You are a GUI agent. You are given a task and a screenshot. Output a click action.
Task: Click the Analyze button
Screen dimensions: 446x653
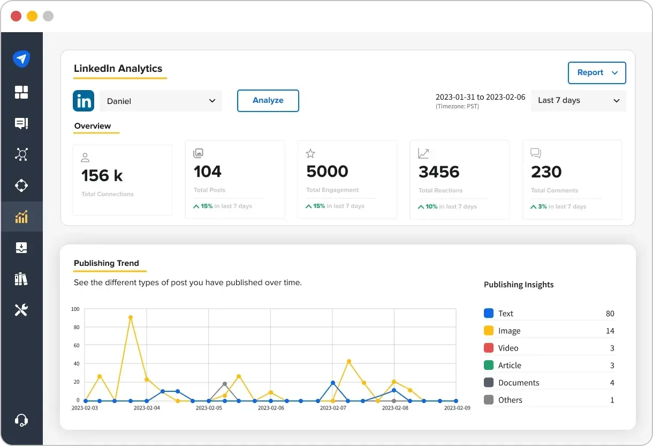point(268,101)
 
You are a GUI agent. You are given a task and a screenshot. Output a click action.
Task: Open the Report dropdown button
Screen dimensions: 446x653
point(597,73)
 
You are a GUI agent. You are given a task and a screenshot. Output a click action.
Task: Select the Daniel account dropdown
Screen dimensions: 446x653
point(161,101)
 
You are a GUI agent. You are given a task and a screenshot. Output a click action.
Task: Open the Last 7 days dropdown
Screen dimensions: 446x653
point(578,101)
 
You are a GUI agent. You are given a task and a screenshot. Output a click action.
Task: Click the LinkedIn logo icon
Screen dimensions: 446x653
point(83,101)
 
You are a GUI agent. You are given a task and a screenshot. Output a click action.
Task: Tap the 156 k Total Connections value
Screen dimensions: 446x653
point(102,176)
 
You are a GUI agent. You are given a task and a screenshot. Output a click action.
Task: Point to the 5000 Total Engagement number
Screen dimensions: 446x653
point(327,172)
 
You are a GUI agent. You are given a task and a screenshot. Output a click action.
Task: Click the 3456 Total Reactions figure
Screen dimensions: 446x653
point(439,172)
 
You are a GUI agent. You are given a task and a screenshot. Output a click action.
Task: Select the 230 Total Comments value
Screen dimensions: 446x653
point(546,172)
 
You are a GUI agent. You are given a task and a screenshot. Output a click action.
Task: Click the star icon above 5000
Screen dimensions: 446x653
point(310,154)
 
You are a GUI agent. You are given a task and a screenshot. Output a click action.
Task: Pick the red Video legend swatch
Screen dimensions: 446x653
point(488,348)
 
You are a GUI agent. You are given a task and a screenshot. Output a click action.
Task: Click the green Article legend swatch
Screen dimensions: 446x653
point(488,365)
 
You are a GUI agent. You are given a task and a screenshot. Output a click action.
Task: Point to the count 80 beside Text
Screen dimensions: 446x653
point(610,314)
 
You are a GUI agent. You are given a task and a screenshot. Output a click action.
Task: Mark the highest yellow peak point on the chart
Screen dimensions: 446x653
point(131,317)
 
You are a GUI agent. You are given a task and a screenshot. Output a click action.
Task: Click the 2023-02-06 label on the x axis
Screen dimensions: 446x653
point(270,408)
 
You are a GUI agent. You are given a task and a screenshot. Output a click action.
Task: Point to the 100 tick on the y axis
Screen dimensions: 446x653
point(75,309)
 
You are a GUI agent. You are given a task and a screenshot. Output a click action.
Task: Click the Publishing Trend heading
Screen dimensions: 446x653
point(107,263)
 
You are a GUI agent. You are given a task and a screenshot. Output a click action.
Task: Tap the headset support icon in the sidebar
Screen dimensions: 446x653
point(21,420)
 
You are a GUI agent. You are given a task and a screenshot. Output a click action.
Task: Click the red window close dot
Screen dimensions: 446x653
point(16,16)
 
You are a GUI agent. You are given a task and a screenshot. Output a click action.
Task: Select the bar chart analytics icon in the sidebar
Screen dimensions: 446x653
point(21,217)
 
